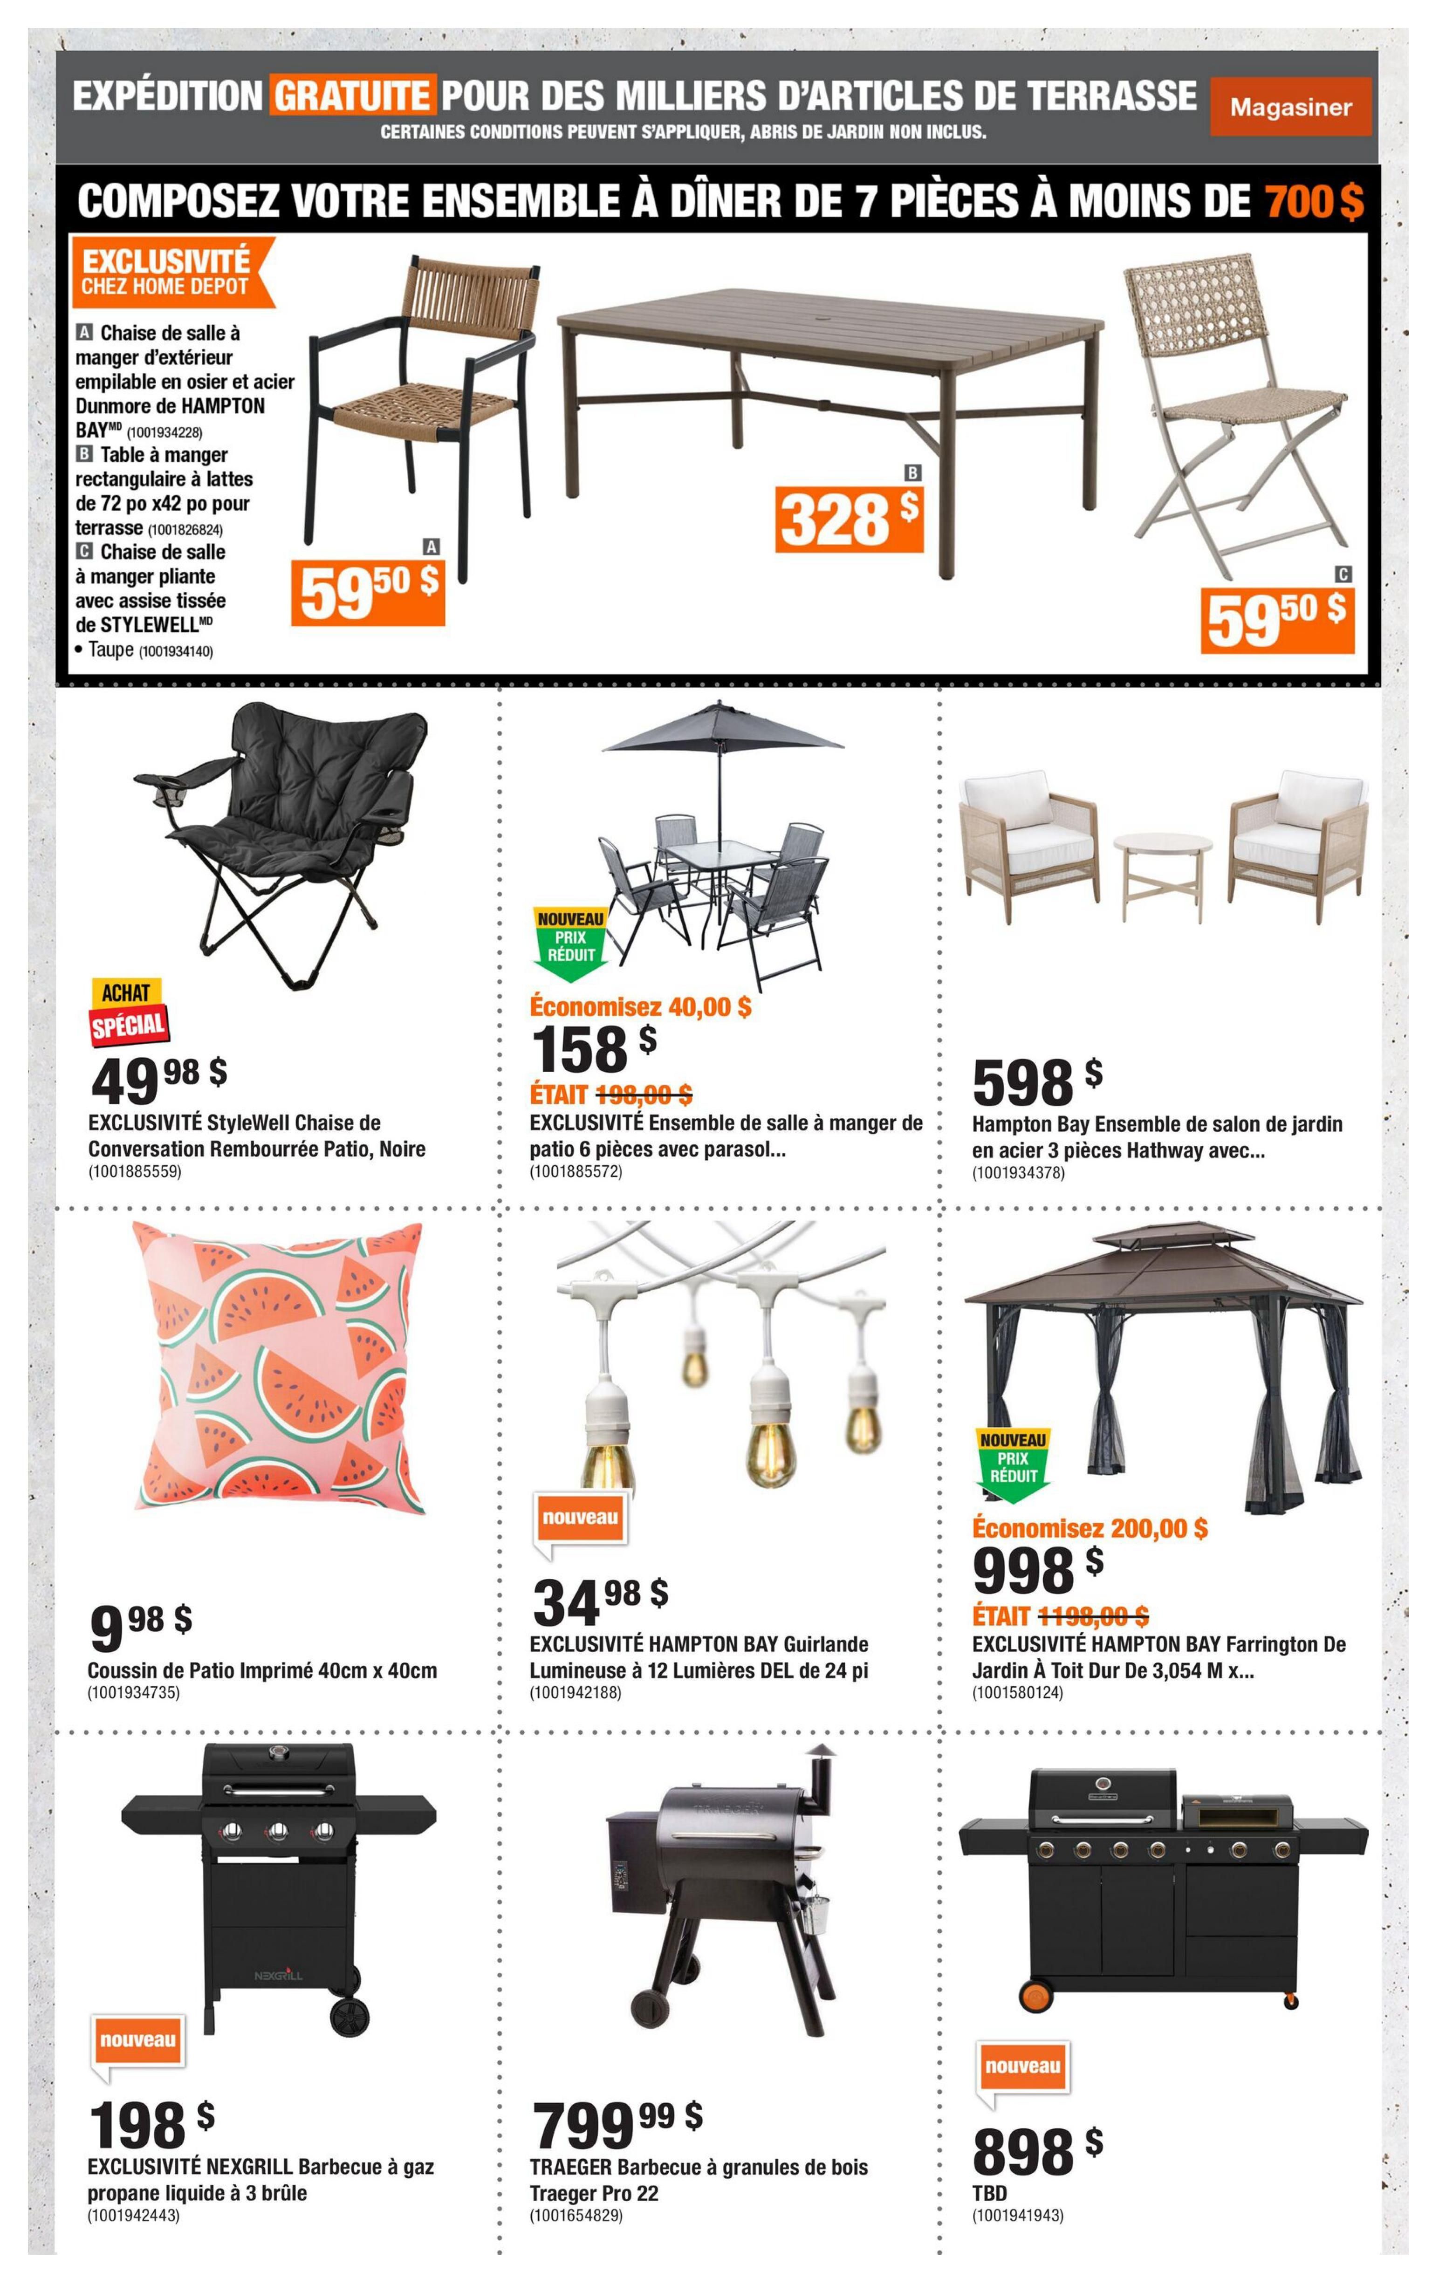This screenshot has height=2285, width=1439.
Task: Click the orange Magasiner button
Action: coord(1290,107)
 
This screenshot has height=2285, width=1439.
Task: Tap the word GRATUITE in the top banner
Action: coord(352,96)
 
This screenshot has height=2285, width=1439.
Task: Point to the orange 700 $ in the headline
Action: coord(1314,201)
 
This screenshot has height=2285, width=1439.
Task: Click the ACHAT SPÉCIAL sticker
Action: coord(128,1013)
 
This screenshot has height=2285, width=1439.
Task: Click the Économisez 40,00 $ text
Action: coord(640,1007)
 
